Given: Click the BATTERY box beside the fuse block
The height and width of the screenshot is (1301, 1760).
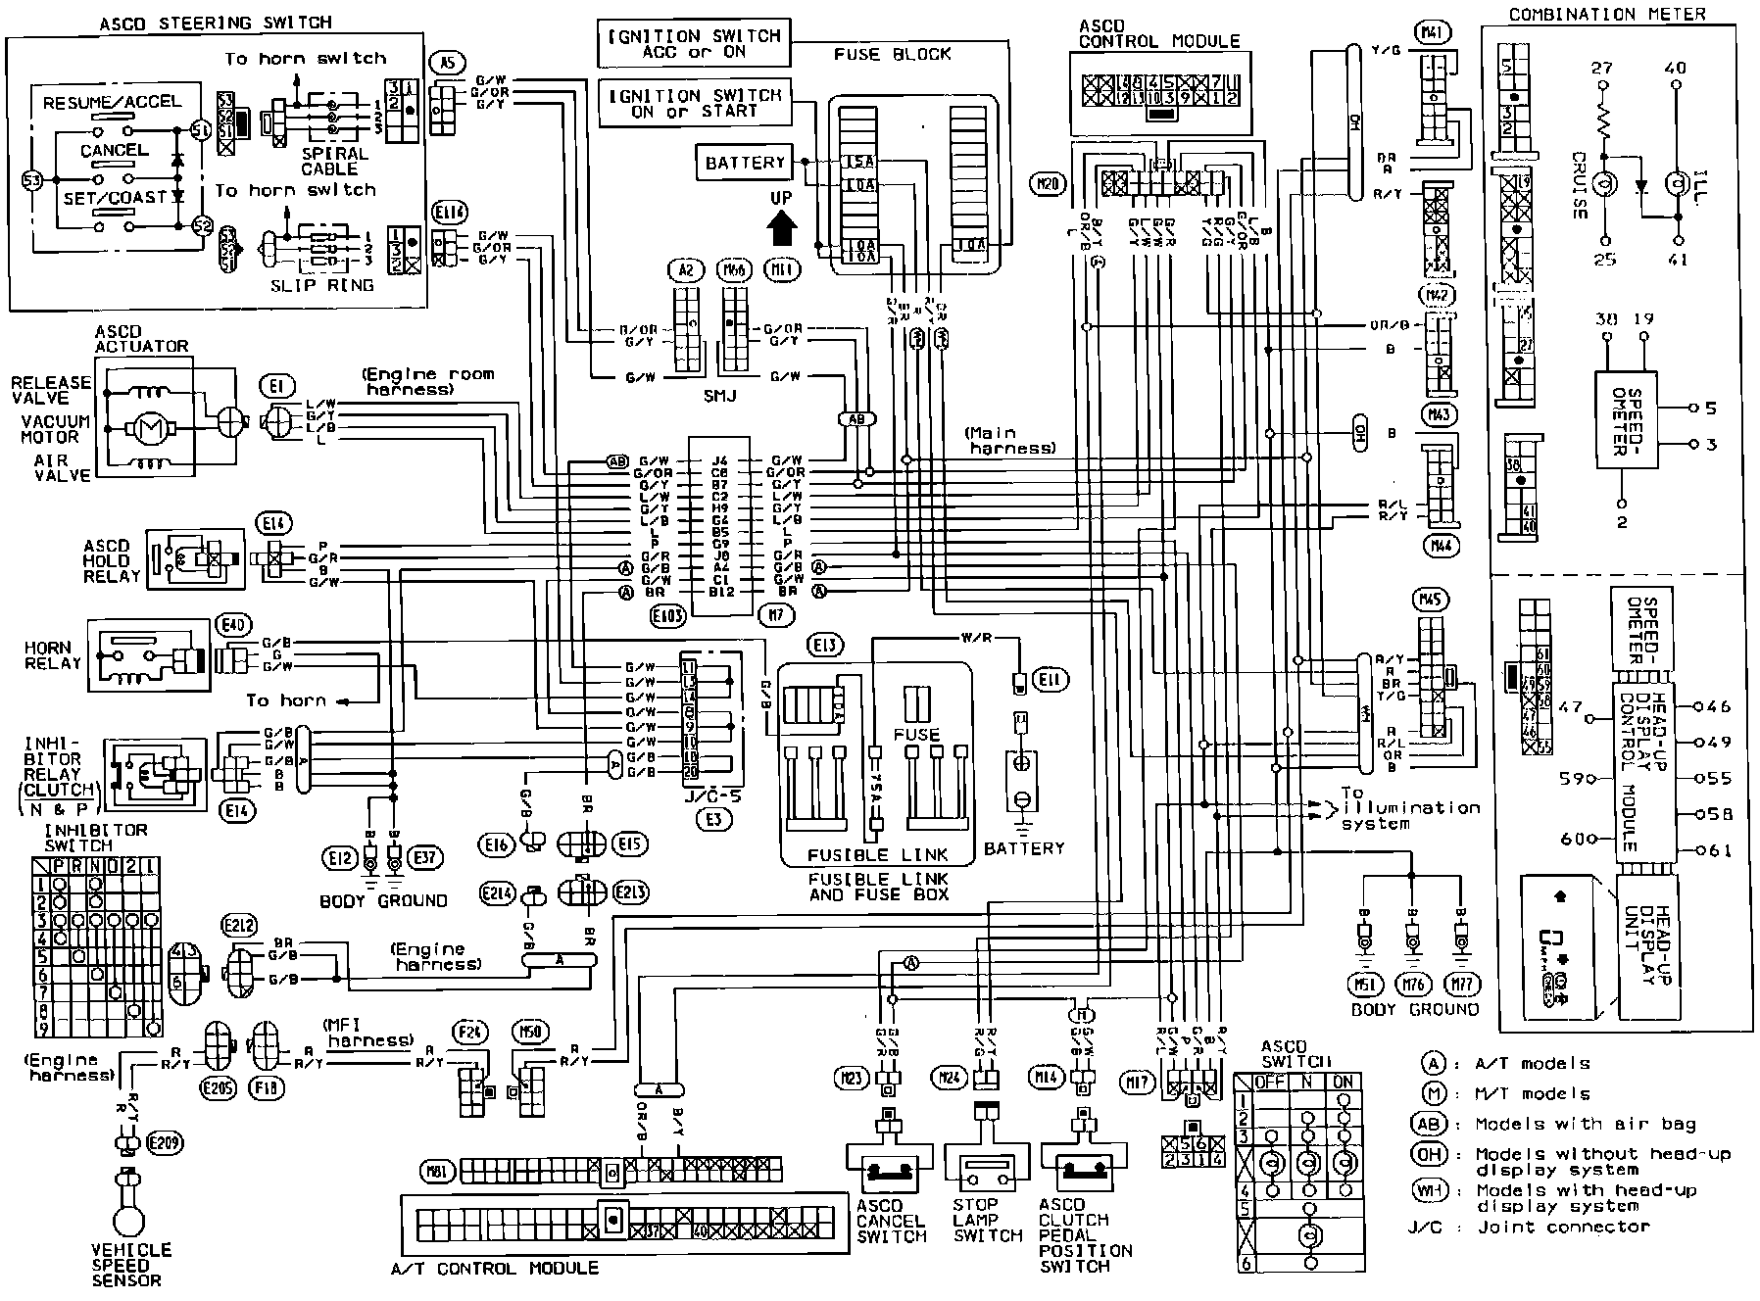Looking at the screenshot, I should pyautogui.click(x=746, y=162).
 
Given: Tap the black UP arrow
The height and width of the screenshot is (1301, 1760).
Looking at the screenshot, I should pyautogui.click(x=781, y=228).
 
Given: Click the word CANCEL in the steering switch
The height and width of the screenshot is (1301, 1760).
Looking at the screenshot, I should pyautogui.click(x=114, y=150).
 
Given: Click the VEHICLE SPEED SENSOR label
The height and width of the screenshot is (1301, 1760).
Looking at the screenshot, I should pyautogui.click(x=131, y=1264).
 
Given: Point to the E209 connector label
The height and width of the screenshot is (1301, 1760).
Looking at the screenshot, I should pyautogui.click(x=164, y=1142).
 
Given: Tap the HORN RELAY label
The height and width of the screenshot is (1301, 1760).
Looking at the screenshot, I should pyautogui.click(x=53, y=655).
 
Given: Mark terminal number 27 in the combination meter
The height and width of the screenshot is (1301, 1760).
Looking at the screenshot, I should pyautogui.click(x=1601, y=68).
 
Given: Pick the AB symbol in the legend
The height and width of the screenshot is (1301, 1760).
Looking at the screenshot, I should pyautogui.click(x=1432, y=1124).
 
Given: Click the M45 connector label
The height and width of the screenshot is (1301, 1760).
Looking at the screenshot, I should pyautogui.click(x=1433, y=599).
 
